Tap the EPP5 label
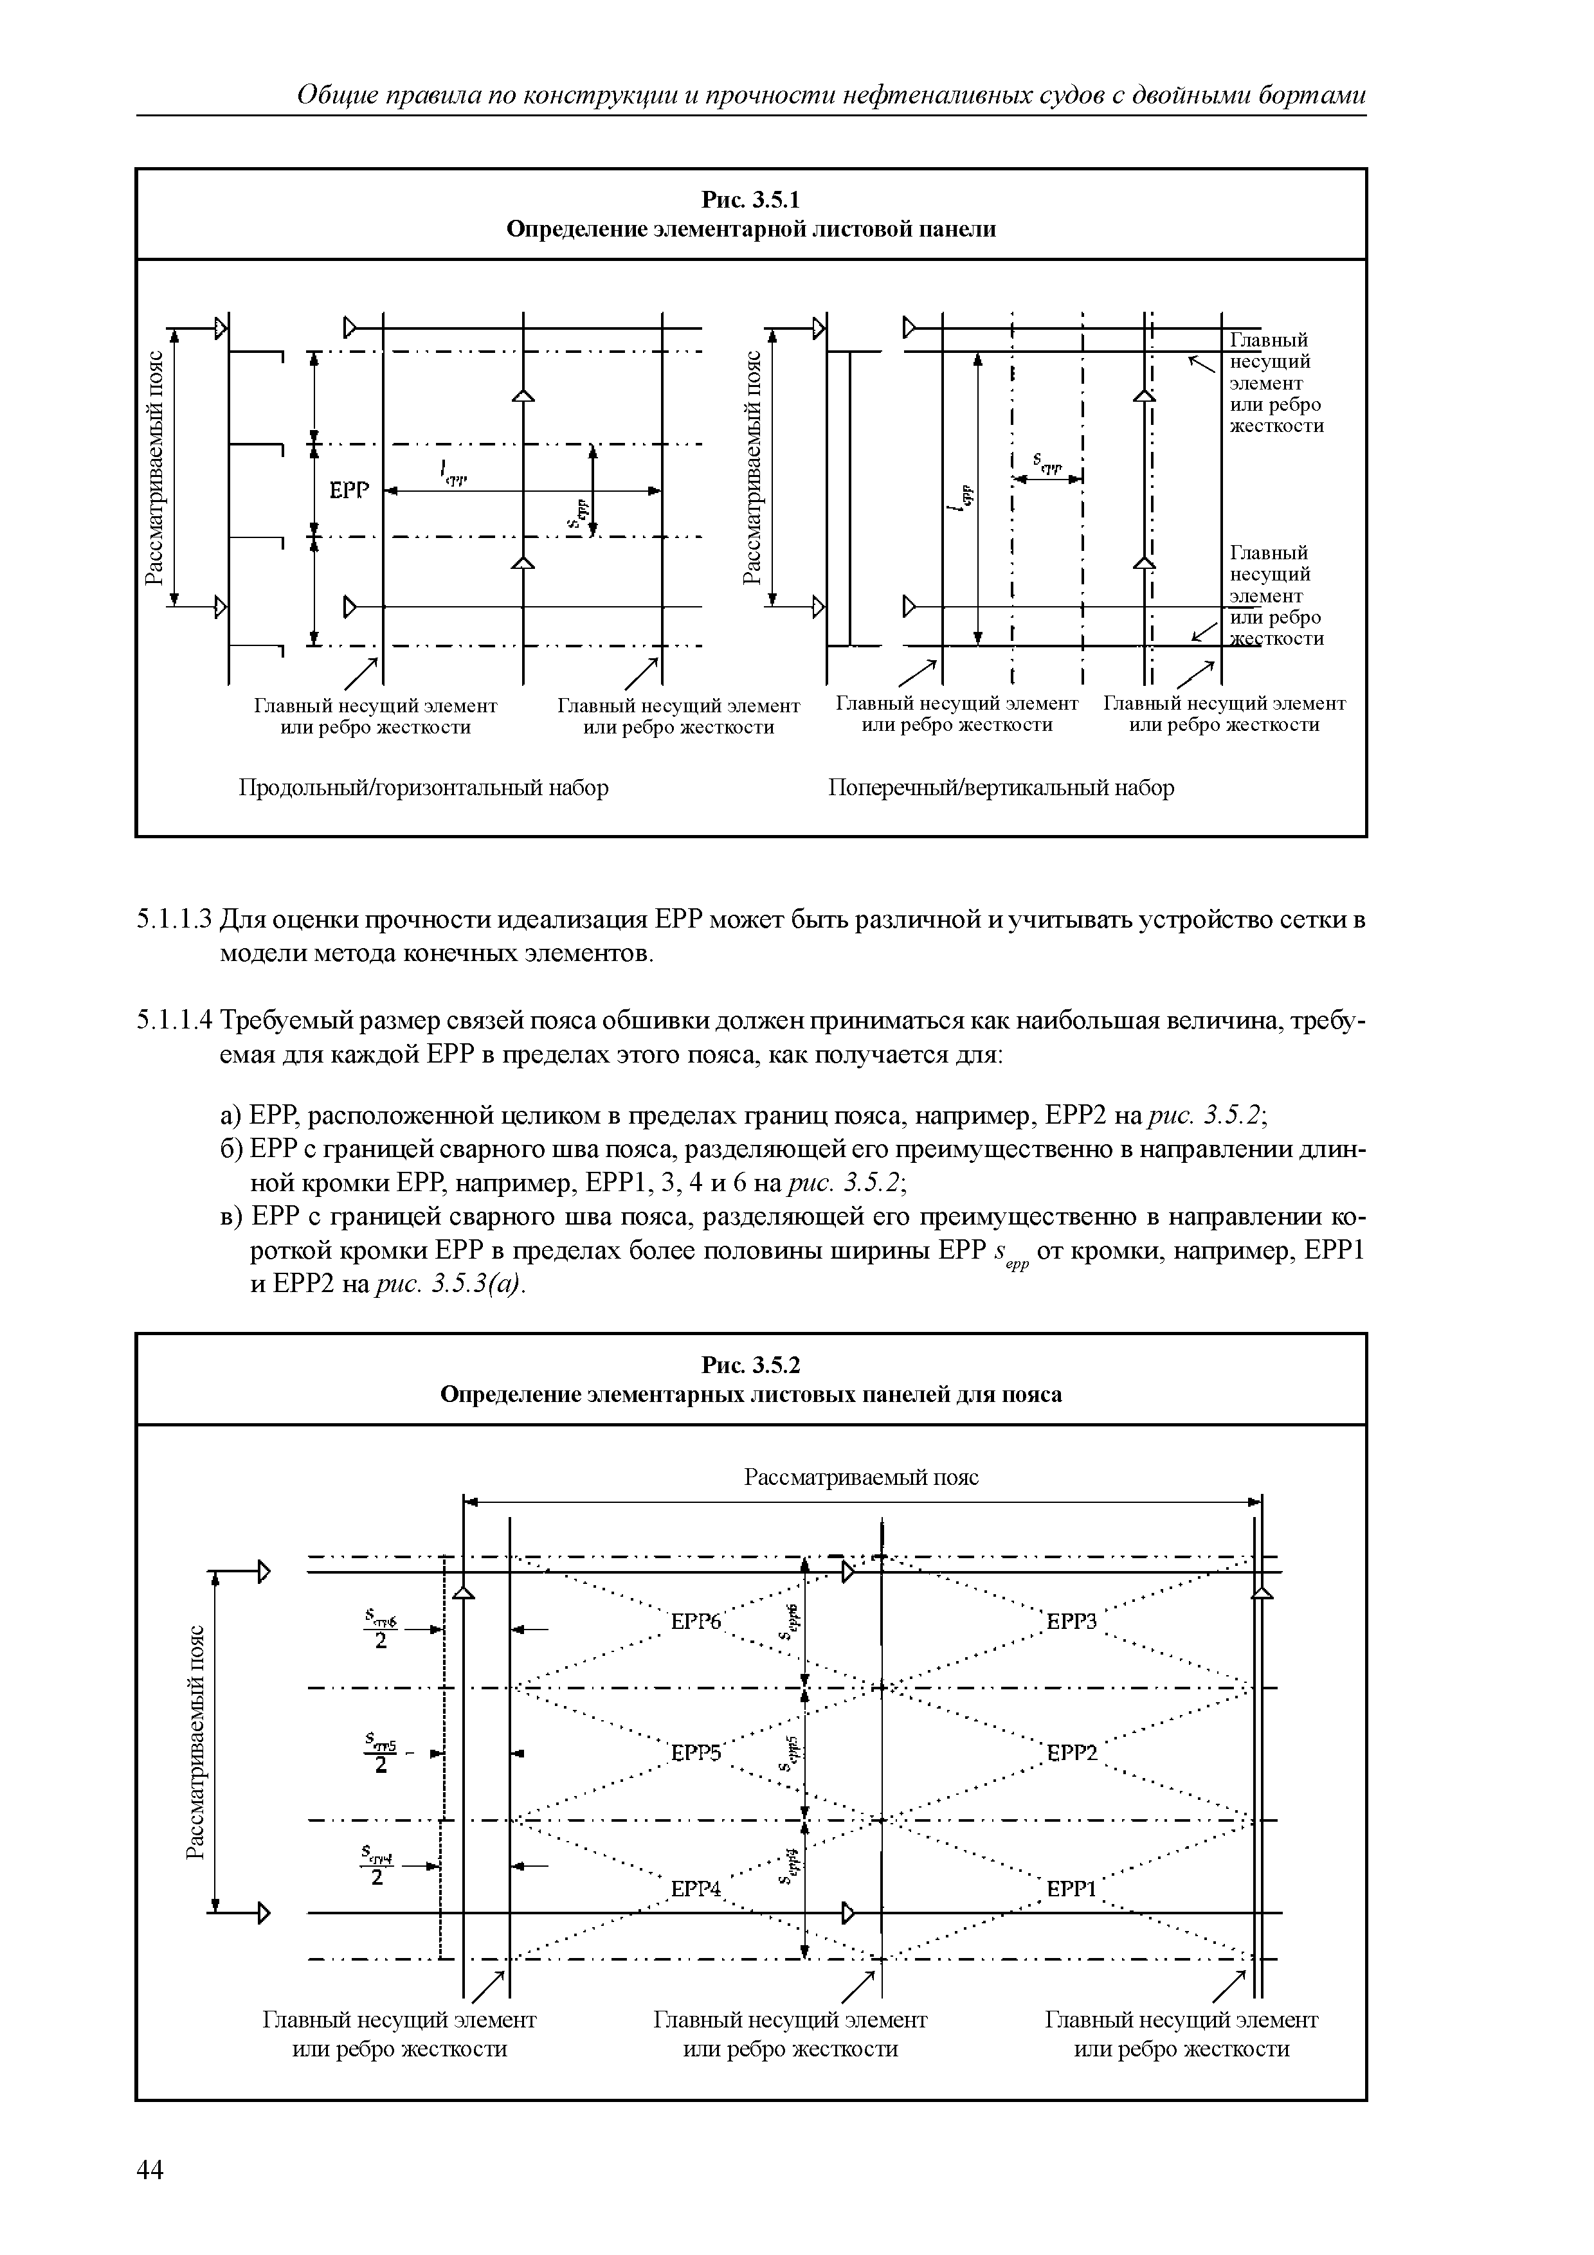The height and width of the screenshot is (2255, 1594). click(x=695, y=1753)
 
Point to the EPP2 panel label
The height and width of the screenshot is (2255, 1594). click(x=1071, y=1753)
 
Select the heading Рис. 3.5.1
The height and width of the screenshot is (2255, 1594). click(x=751, y=199)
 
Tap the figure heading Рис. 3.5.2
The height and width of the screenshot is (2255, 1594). click(x=751, y=1365)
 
